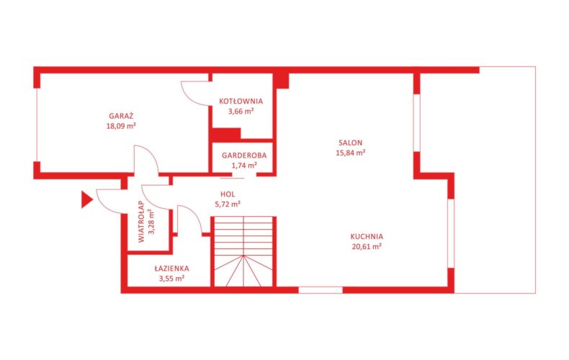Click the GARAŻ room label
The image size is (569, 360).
click(121, 117)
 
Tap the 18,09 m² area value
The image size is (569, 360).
click(121, 126)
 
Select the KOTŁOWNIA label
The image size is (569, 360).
click(241, 102)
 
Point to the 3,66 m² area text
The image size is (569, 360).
click(241, 111)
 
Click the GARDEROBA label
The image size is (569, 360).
click(244, 156)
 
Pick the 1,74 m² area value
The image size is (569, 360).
click(244, 166)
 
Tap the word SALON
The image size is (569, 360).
click(351, 143)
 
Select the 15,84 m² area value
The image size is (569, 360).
click(351, 153)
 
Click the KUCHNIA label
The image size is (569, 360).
click(367, 237)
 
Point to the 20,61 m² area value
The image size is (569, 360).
click(367, 247)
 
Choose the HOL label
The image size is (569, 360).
click(228, 194)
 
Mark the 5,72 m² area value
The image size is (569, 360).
click(228, 204)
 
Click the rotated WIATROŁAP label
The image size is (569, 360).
click(141, 222)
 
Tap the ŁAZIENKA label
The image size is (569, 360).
click(171, 269)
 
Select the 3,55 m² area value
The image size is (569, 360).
click(171, 279)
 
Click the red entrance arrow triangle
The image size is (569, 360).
click(86, 199)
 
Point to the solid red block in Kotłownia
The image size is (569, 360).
click(226, 135)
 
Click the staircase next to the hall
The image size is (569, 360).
click(243, 251)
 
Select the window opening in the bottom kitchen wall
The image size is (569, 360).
click(321, 290)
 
